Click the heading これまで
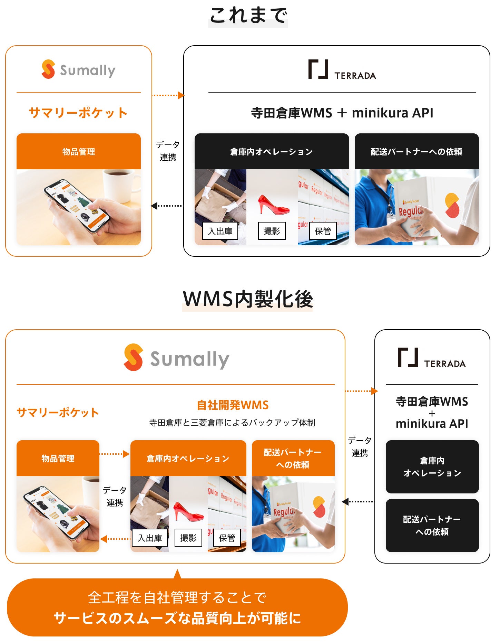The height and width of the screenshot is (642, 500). (248, 16)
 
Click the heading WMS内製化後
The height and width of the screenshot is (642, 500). (248, 299)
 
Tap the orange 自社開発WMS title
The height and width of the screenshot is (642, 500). (233, 405)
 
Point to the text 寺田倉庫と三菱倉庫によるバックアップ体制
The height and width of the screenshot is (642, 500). (232, 423)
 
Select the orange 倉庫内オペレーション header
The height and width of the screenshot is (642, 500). (188, 459)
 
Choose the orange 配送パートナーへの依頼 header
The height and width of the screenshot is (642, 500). (293, 459)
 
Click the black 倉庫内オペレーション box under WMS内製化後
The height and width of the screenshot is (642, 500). (432, 467)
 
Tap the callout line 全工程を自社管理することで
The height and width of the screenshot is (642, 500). (177, 597)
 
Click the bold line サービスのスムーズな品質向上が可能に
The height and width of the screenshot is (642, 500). (177, 618)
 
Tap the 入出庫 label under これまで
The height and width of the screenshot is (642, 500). (220, 231)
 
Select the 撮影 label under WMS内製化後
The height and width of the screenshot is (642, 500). (188, 538)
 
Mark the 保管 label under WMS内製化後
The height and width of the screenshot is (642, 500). (227, 538)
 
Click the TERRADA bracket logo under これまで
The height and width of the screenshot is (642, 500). (318, 69)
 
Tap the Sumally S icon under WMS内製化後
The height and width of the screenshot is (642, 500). (134, 357)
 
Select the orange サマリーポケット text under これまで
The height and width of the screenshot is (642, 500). (78, 113)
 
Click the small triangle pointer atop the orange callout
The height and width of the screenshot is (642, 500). (177, 575)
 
